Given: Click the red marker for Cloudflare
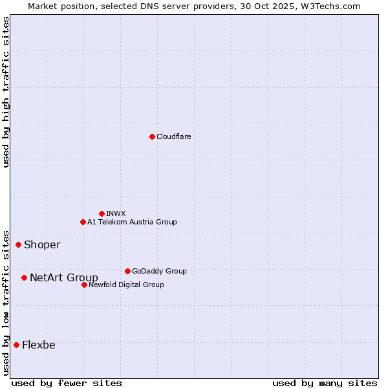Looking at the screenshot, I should point(152,136).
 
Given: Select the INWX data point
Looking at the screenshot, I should point(102,213).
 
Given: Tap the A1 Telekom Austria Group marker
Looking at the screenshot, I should point(83,222).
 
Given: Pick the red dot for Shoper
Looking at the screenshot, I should point(18,244).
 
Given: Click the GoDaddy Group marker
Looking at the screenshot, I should point(127,271).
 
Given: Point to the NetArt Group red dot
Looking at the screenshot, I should point(24,277).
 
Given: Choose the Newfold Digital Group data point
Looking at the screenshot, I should point(84,285).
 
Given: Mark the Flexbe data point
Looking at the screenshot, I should point(16,345).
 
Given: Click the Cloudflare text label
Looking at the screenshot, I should point(174,136).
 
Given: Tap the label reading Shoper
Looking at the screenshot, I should point(42,244).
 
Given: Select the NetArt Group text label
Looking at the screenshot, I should point(64,277).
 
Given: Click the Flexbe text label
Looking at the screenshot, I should point(39,345).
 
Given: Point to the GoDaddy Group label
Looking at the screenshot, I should point(159,271).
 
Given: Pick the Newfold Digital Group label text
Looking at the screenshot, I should point(126,285).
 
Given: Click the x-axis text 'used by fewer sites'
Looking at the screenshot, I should point(67,383).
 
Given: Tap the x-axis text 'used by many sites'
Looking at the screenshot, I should point(325,383).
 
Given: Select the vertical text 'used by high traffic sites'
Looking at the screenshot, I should point(6,92).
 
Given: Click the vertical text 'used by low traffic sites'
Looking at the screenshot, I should point(6,302).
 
